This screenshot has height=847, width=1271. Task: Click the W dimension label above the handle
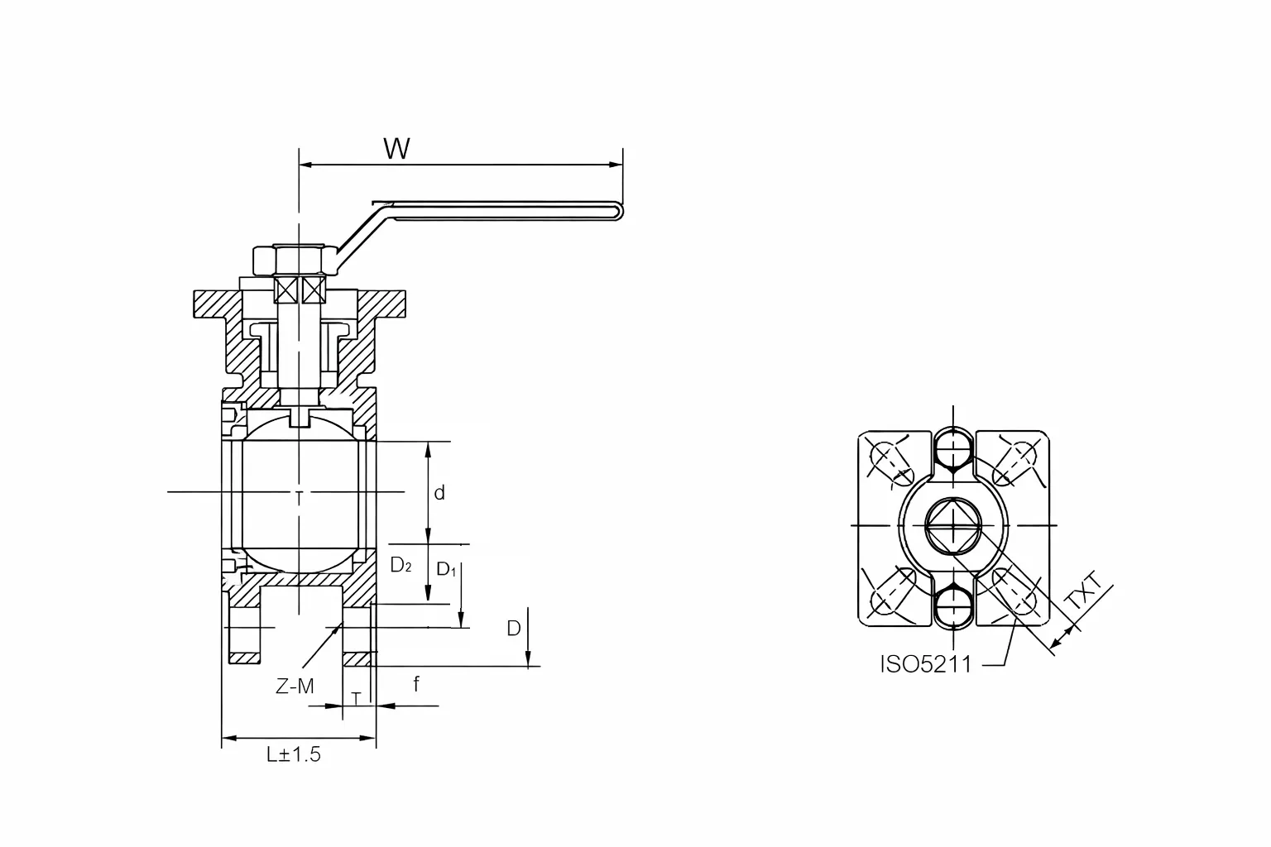pyautogui.click(x=396, y=149)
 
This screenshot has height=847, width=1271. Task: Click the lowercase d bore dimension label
pyautogui.click(x=439, y=494)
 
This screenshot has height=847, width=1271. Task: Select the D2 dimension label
pyautogui.click(x=400, y=565)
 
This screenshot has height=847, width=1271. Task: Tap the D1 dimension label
pyautogui.click(x=446, y=569)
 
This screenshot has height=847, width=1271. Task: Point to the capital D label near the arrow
pyautogui.click(x=514, y=629)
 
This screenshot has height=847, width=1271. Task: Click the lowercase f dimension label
pyautogui.click(x=416, y=684)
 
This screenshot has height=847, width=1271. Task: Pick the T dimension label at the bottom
pyautogui.click(x=356, y=699)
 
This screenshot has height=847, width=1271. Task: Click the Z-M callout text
pyautogui.click(x=295, y=686)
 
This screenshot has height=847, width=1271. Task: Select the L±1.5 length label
pyautogui.click(x=293, y=754)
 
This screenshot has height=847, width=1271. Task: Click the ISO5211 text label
pyautogui.click(x=925, y=664)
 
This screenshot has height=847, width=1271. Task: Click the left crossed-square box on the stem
pyautogui.click(x=286, y=290)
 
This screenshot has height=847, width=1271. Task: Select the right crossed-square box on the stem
pyautogui.click(x=312, y=290)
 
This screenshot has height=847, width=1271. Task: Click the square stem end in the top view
pyautogui.click(x=953, y=526)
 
